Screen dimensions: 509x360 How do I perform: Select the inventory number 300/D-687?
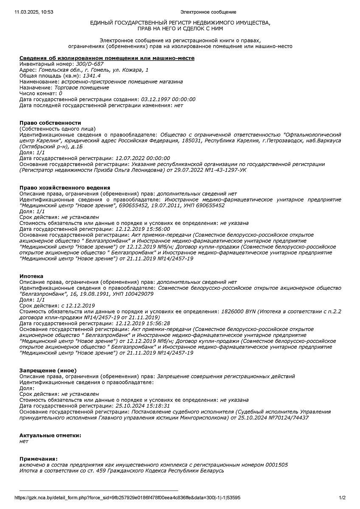(x=90, y=64)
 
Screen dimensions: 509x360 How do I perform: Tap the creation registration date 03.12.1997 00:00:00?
(x=168, y=99)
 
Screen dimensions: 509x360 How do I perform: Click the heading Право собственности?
(x=50, y=123)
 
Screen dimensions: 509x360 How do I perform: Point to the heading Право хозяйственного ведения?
(x=65, y=187)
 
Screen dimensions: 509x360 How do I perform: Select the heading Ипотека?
(x=31, y=276)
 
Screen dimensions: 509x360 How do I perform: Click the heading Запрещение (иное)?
(x=48, y=370)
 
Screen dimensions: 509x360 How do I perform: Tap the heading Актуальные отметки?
(x=50, y=435)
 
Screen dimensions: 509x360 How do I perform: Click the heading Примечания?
(x=38, y=459)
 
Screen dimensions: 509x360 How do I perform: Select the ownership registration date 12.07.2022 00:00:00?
(x=143, y=158)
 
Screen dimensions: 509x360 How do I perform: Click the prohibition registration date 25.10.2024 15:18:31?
(x=143, y=406)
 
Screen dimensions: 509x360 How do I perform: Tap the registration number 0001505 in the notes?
(x=277, y=465)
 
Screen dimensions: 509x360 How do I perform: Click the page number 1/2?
(x=342, y=498)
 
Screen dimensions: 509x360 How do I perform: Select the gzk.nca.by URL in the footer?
(x=127, y=498)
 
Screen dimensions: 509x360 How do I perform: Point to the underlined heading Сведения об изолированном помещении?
(x=107, y=58)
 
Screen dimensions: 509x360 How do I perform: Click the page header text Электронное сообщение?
(x=208, y=12)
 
